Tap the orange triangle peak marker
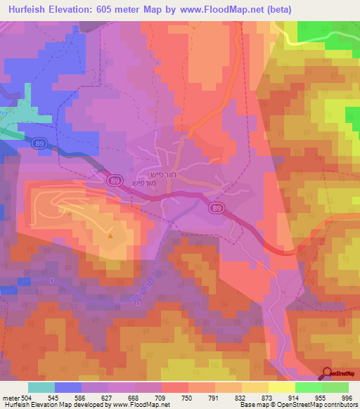point(110,235)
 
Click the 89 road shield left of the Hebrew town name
point(114,181)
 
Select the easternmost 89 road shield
point(217,209)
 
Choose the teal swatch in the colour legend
point(41,387)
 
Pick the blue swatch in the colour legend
point(68,387)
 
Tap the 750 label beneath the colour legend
point(187,398)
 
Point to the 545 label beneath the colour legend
point(53,398)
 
